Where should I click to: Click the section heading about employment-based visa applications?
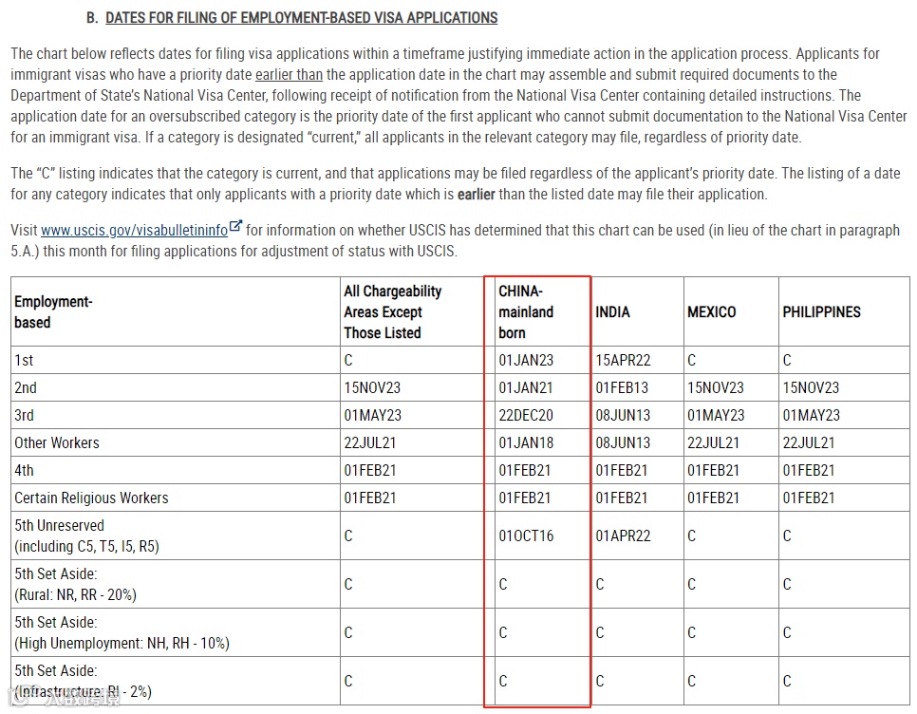click(301, 18)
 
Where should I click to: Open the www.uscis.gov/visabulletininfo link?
click(134, 231)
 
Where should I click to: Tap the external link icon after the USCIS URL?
click(236, 228)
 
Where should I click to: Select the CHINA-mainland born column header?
click(526, 311)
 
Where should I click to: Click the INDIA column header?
click(612, 311)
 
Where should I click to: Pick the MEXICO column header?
click(711, 311)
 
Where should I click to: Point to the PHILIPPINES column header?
click(821, 311)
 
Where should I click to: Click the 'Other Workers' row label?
click(57, 442)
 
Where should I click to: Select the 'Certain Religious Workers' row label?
click(91, 498)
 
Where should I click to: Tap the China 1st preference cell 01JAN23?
click(526, 361)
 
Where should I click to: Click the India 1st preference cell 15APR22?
click(624, 361)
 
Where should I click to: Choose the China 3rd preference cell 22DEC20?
click(526, 415)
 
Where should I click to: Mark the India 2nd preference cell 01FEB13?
click(623, 387)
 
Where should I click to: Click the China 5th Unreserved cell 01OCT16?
click(526, 535)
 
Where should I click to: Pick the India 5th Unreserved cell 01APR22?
click(624, 535)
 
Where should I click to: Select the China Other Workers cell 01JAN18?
click(526, 442)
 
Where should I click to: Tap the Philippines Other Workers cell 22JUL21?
click(809, 442)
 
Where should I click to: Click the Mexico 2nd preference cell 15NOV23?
click(716, 387)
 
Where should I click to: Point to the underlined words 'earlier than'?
click(288, 75)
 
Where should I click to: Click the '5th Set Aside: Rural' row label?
click(75, 584)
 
